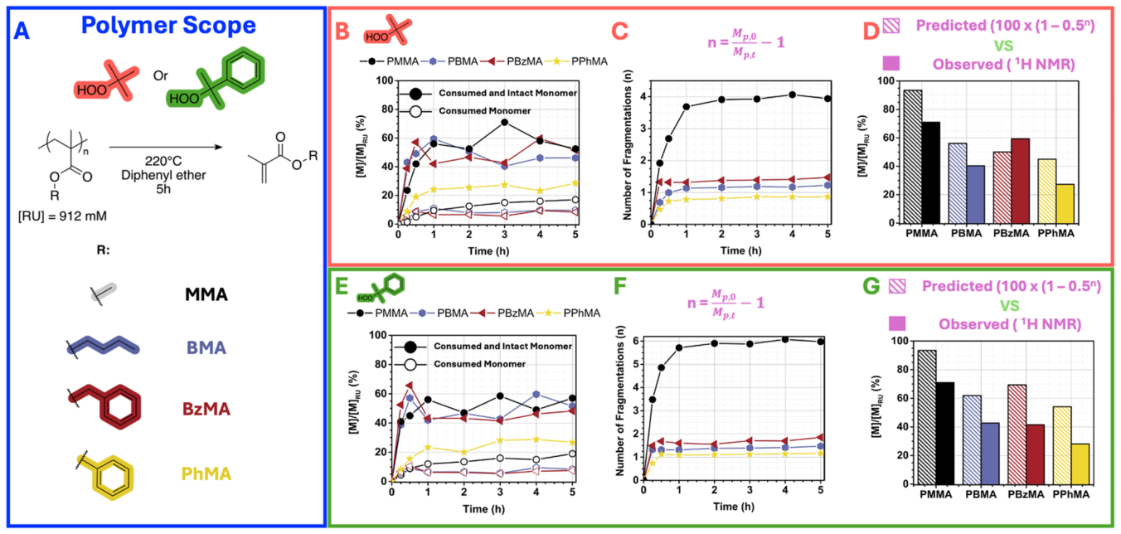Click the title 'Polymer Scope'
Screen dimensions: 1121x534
coord(168,26)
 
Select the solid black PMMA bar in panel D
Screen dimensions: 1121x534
coord(931,172)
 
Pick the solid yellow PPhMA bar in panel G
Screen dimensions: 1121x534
coord(1080,464)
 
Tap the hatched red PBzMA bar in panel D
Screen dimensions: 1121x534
coord(1002,187)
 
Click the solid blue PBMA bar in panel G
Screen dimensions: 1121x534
coord(990,454)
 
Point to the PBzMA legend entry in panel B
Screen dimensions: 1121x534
coord(512,61)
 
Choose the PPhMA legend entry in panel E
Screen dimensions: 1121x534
coord(569,313)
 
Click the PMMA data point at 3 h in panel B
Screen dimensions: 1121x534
coord(504,122)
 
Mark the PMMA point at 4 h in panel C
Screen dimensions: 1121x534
coord(792,95)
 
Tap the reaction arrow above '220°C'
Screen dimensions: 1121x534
coord(166,147)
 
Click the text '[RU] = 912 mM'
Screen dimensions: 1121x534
coord(62,216)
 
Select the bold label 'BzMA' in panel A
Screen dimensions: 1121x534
coord(206,410)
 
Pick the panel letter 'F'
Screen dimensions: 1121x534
coord(620,287)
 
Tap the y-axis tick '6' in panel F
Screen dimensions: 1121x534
coord(636,341)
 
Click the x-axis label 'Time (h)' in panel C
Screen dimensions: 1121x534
coord(740,250)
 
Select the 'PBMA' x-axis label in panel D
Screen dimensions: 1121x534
coord(966,234)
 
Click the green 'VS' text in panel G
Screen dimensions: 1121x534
coord(1009,306)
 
